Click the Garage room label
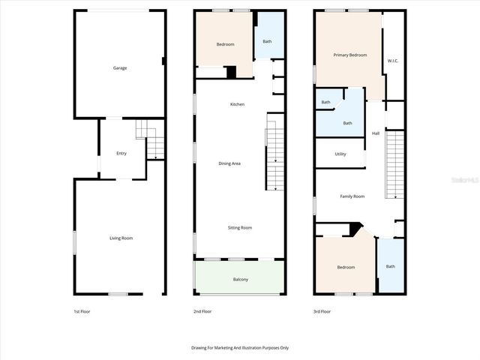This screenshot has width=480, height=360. pyautogui.click(x=120, y=68)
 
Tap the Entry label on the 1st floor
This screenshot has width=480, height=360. pyautogui.click(x=121, y=153)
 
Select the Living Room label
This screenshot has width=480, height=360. pyautogui.click(x=121, y=238)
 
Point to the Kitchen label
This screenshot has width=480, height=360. pyautogui.click(x=237, y=104)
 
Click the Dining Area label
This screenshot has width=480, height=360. pyautogui.click(x=229, y=163)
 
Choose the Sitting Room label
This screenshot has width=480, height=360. pyautogui.click(x=240, y=227)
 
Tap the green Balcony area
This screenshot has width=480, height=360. pyautogui.click(x=240, y=279)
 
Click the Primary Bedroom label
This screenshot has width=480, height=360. pyautogui.click(x=350, y=55)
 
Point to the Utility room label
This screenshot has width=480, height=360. pyautogui.click(x=340, y=154)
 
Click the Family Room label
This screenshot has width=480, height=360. pyautogui.click(x=352, y=196)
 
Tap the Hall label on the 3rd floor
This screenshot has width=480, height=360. pyautogui.click(x=376, y=133)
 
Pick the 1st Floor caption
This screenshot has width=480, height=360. pyautogui.click(x=82, y=311)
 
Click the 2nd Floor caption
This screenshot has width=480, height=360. pyautogui.click(x=202, y=311)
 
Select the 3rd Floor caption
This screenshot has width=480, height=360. pyautogui.click(x=321, y=311)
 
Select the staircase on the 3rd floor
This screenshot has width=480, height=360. pyautogui.click(x=394, y=165)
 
